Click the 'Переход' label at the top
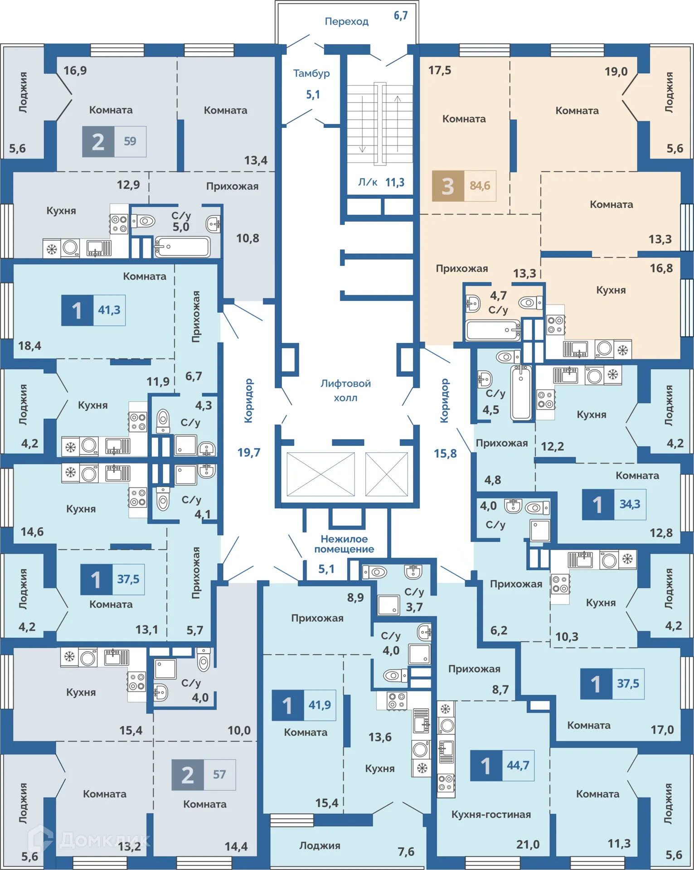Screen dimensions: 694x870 [347, 21]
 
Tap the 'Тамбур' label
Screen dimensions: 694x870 [311, 73]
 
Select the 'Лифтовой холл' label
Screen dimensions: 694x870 [345, 391]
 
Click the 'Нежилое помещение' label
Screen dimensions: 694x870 [344, 544]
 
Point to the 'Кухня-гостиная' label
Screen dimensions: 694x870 [491, 814]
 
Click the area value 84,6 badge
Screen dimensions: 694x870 [480, 186]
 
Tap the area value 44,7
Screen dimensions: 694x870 [518, 765]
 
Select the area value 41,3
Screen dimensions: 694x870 [109, 310]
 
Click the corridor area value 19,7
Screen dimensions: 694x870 [249, 452]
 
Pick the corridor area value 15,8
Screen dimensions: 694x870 [445, 453]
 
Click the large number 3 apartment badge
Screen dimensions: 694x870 [448, 186]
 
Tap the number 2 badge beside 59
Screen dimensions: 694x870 [98, 142]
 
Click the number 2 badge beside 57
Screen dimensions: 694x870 [188, 775]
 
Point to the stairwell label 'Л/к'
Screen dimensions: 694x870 [368, 182]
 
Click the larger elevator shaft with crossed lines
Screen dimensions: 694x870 [321, 474]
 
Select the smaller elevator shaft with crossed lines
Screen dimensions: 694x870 [387, 474]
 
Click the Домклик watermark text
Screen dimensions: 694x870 [104, 840]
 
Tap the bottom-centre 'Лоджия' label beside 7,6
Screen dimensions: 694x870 [320, 846]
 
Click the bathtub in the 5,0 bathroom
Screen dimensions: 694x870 [182, 247]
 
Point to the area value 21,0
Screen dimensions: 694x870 [528, 844]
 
